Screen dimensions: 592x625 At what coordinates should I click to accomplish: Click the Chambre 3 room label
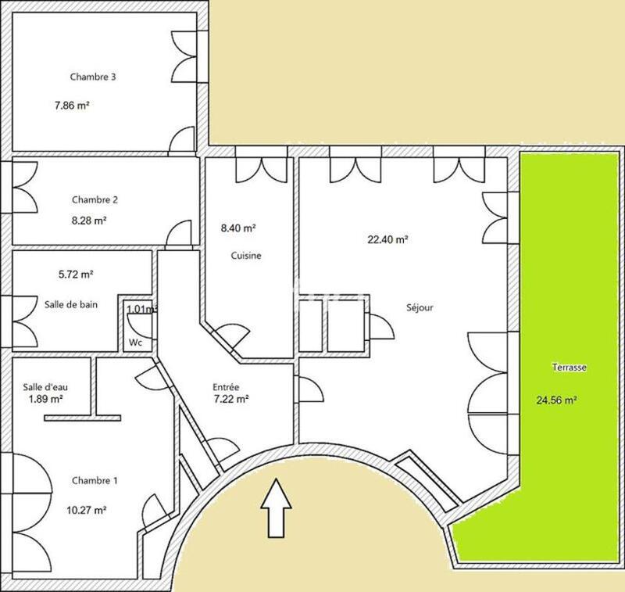point(94,77)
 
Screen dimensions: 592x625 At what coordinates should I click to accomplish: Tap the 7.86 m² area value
point(71,104)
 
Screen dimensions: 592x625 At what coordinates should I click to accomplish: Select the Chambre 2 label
point(95,199)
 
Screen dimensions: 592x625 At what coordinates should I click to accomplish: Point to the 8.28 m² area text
point(88,221)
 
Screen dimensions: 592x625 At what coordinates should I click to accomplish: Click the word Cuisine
point(245,256)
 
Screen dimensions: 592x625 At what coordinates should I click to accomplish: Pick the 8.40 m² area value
point(238,228)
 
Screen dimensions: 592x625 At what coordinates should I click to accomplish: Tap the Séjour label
point(420,307)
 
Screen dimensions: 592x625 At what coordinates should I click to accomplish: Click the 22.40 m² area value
point(388,241)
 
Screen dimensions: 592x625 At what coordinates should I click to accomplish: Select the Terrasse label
point(570,367)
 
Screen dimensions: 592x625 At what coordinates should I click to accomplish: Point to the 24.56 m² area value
point(556,400)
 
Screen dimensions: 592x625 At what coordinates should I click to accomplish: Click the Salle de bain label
point(71,304)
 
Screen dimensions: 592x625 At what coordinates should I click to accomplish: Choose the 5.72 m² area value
point(77,274)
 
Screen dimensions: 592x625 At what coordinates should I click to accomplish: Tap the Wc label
point(135,343)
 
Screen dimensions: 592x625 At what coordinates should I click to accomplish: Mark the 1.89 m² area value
point(46,397)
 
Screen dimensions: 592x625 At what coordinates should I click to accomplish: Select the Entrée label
point(226,387)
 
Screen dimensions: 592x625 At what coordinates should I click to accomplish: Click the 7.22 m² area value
point(230,400)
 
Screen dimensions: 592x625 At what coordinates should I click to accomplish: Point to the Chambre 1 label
point(95,480)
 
